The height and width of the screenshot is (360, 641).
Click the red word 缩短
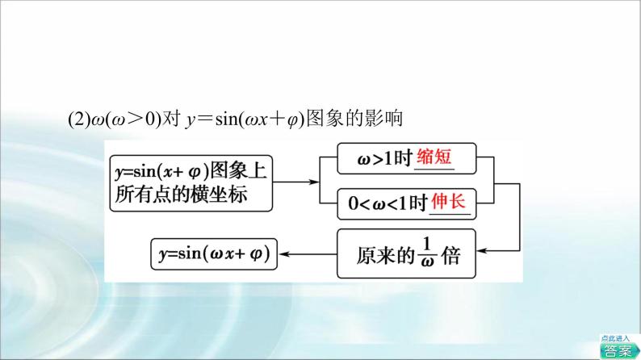pyautogui.click(x=434, y=159)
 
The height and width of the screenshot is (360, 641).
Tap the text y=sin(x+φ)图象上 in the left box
pyautogui.click(x=191, y=170)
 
